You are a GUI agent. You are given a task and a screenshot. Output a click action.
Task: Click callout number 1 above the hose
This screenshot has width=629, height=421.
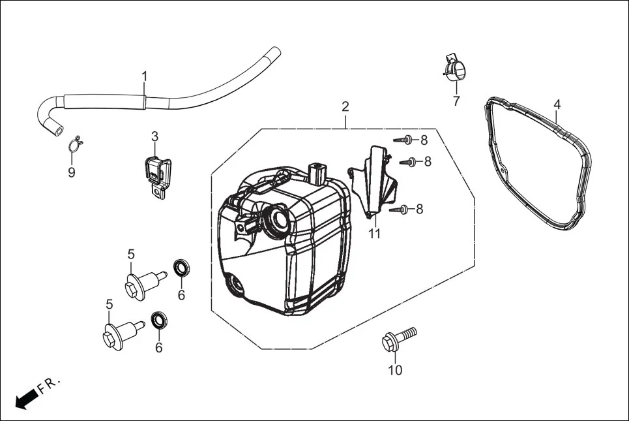tap(144, 76)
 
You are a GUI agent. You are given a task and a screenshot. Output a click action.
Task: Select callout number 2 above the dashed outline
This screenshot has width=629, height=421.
tap(345, 106)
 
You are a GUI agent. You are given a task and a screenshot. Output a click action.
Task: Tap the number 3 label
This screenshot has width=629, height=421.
tap(154, 136)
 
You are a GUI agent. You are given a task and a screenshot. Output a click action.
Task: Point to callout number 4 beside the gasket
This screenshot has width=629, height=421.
tap(557, 104)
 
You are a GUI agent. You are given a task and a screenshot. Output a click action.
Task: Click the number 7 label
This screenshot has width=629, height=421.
tap(456, 101)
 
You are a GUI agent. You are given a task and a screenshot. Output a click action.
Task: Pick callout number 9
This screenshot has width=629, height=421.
tap(72, 172)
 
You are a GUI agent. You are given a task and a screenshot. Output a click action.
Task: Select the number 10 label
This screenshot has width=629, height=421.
tap(395, 371)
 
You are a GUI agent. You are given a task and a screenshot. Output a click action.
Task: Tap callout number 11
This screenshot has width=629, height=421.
tap(374, 234)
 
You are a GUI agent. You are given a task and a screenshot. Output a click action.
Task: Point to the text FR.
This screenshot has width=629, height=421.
tap(50, 385)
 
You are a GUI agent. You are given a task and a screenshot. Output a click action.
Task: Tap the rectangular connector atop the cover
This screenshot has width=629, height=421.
tap(317, 175)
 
